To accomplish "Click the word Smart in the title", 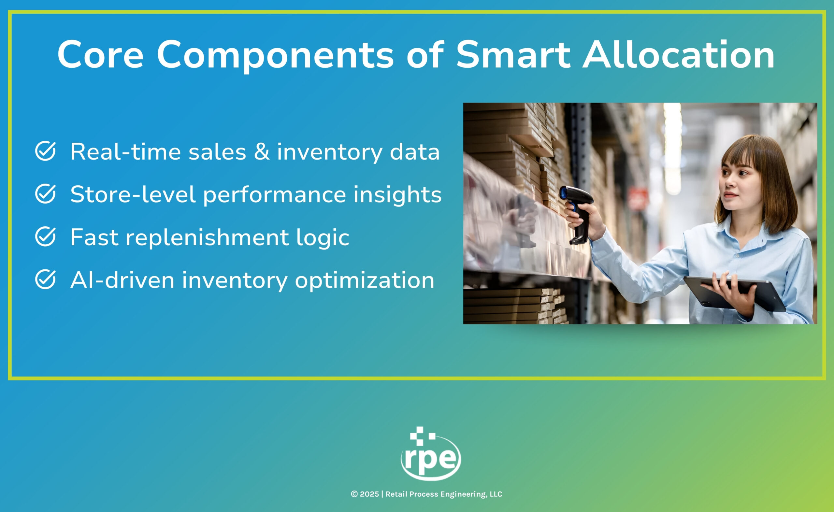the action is pyautogui.click(x=513, y=54).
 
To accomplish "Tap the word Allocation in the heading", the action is pyautogui.click(x=678, y=54).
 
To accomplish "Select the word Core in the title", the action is pyautogui.click(x=101, y=54).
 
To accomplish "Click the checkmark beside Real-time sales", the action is pyautogui.click(x=45, y=151).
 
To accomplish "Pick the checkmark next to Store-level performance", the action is pyautogui.click(x=45, y=194).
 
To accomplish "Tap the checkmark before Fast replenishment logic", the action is pyautogui.click(x=45, y=237).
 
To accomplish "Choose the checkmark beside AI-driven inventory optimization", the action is pyautogui.click(x=45, y=280).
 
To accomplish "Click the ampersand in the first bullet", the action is pyautogui.click(x=262, y=152).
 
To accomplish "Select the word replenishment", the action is pyautogui.click(x=207, y=238).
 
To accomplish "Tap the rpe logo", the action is pyautogui.click(x=430, y=453).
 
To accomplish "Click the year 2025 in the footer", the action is pyautogui.click(x=369, y=494).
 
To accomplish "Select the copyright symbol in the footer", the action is pyautogui.click(x=354, y=494).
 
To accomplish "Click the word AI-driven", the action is pyautogui.click(x=122, y=280).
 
